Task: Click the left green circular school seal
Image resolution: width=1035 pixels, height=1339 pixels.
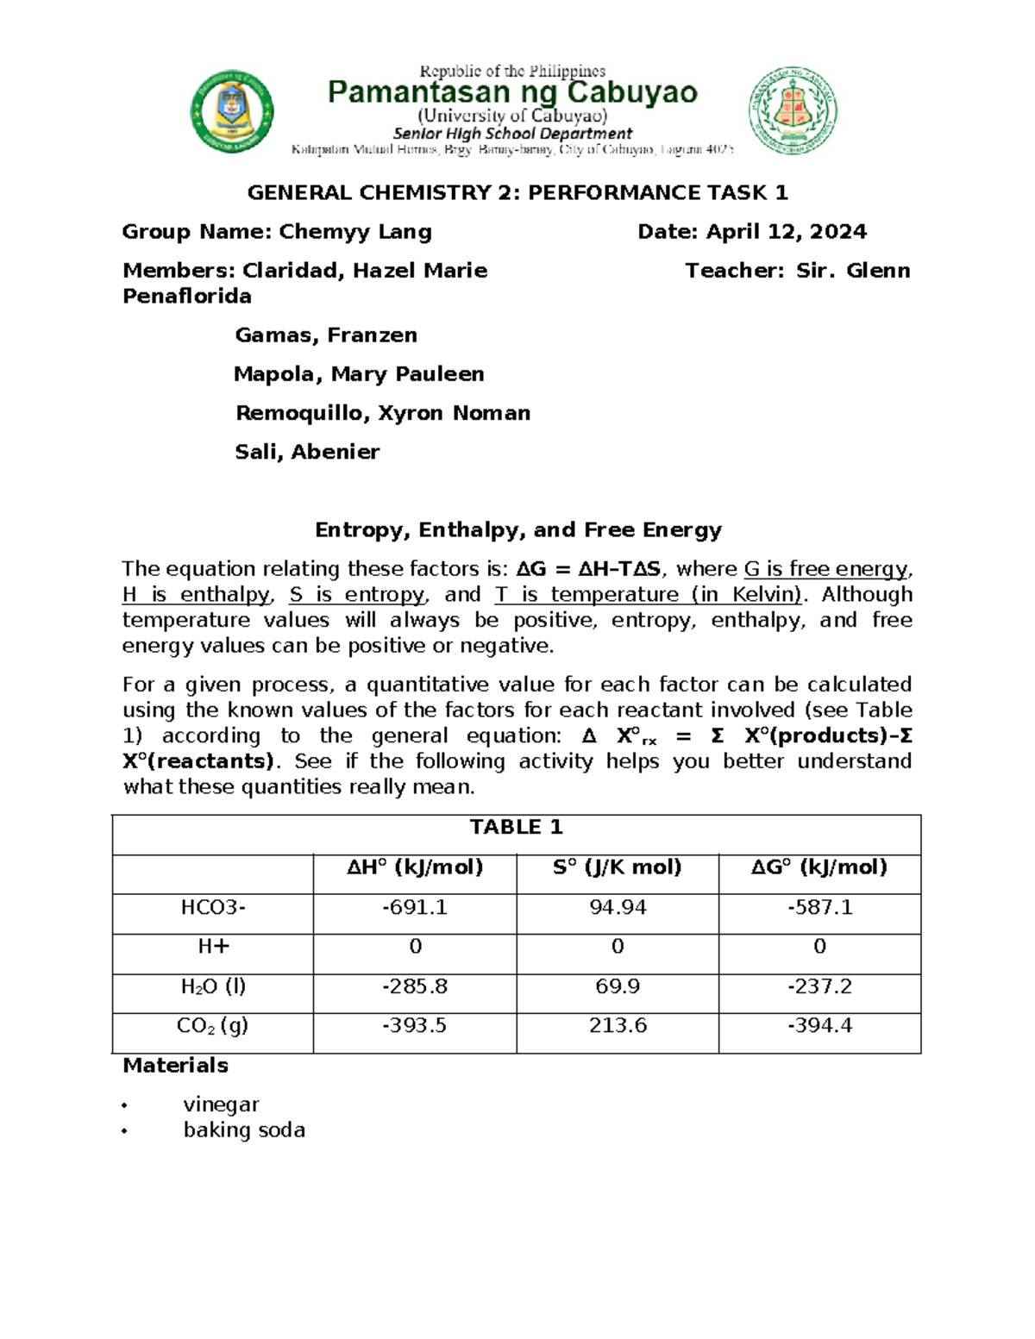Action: click(x=231, y=112)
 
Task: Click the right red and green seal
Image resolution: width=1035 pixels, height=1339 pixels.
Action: click(x=792, y=111)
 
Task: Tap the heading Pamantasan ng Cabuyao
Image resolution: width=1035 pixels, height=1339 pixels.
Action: click(x=512, y=92)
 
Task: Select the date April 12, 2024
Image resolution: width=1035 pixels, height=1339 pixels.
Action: click(x=786, y=232)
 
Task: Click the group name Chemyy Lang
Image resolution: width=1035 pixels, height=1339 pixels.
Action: click(x=354, y=232)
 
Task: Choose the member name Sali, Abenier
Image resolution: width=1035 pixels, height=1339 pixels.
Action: click(x=307, y=452)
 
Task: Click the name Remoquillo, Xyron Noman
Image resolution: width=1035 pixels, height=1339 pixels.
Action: click(x=382, y=413)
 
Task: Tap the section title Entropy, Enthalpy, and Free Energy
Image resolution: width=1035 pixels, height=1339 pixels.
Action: click(x=517, y=529)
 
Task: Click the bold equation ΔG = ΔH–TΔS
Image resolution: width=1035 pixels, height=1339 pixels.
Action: click(x=588, y=569)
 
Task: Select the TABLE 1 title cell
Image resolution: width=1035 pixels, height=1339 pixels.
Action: click(x=516, y=828)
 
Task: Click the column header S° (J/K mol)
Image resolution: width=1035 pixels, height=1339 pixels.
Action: click(x=617, y=867)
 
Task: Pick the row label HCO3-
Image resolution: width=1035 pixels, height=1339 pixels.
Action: click(x=212, y=907)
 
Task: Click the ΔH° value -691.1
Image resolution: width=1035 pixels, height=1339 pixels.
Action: click(x=415, y=907)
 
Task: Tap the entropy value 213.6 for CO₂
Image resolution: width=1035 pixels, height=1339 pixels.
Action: click(x=617, y=1026)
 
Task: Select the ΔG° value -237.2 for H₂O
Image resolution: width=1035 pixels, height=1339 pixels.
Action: click(x=819, y=986)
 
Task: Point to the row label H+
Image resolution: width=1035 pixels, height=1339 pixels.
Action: click(x=213, y=947)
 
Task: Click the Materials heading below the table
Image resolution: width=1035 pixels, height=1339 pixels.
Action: click(x=175, y=1066)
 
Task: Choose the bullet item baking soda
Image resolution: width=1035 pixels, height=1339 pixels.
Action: click(x=244, y=1130)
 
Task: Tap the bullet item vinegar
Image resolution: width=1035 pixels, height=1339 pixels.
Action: click(x=221, y=1104)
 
